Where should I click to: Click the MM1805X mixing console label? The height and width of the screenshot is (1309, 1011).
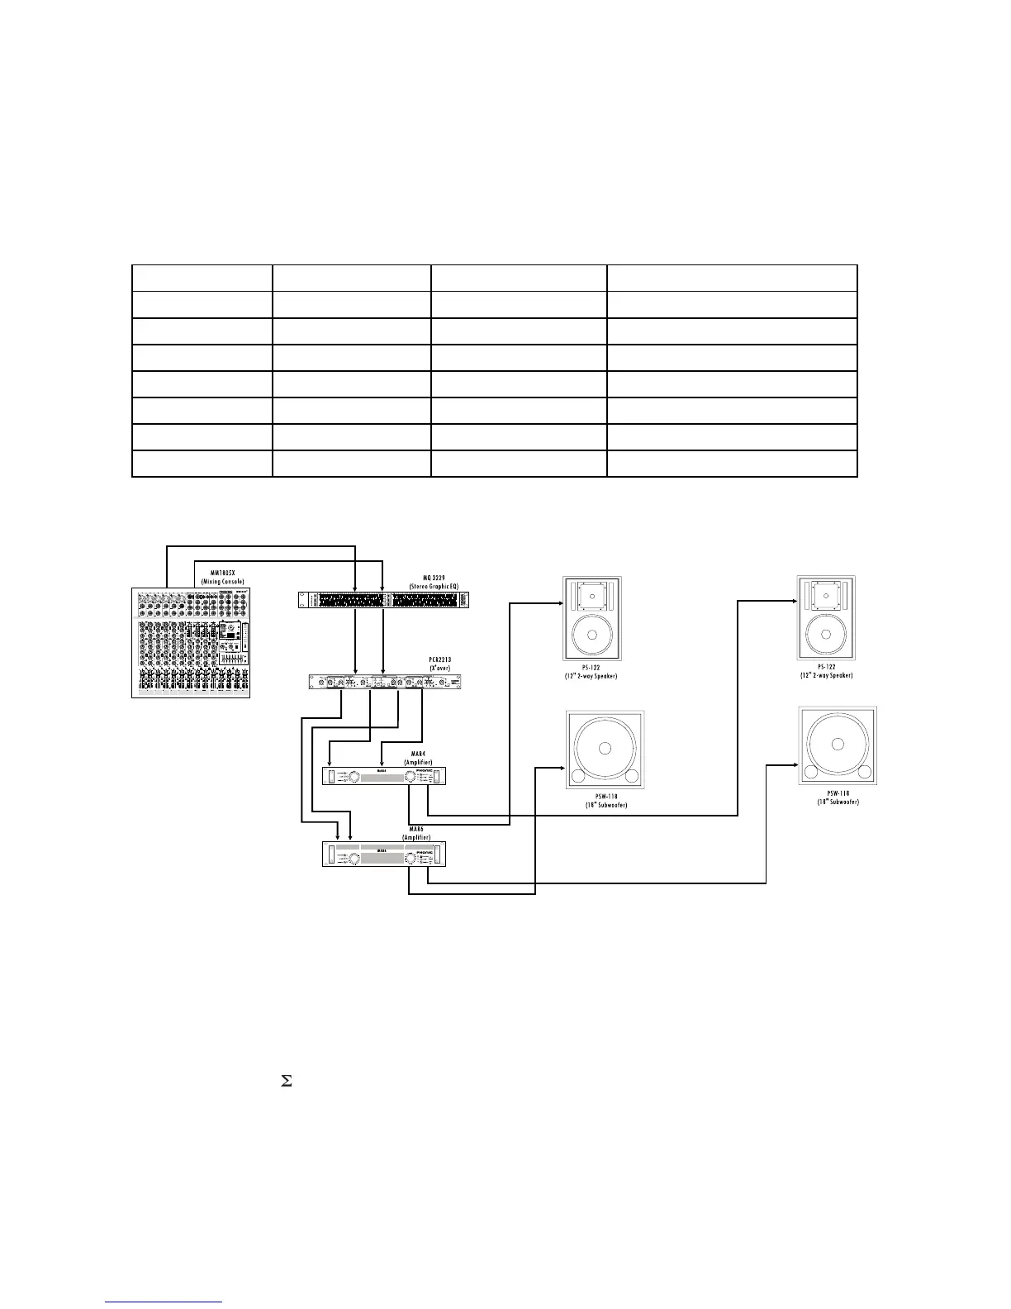pos(222,577)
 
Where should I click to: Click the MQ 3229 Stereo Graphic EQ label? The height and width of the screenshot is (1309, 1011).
pos(434,582)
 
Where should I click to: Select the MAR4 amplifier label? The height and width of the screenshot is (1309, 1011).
pos(418,757)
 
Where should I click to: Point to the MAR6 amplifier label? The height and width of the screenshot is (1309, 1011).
pos(418,832)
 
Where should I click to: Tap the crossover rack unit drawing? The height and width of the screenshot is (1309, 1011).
pos(384,682)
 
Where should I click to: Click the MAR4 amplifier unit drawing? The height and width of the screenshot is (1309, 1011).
pos(384,776)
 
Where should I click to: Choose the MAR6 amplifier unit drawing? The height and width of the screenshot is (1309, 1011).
pos(384,854)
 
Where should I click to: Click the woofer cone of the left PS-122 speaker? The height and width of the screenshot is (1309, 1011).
pos(591,635)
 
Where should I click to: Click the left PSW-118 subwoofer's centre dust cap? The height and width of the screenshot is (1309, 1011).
pos(605,749)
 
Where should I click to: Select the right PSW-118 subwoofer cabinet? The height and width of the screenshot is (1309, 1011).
pos(838,745)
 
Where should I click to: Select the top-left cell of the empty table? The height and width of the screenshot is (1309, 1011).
pos(202,278)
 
